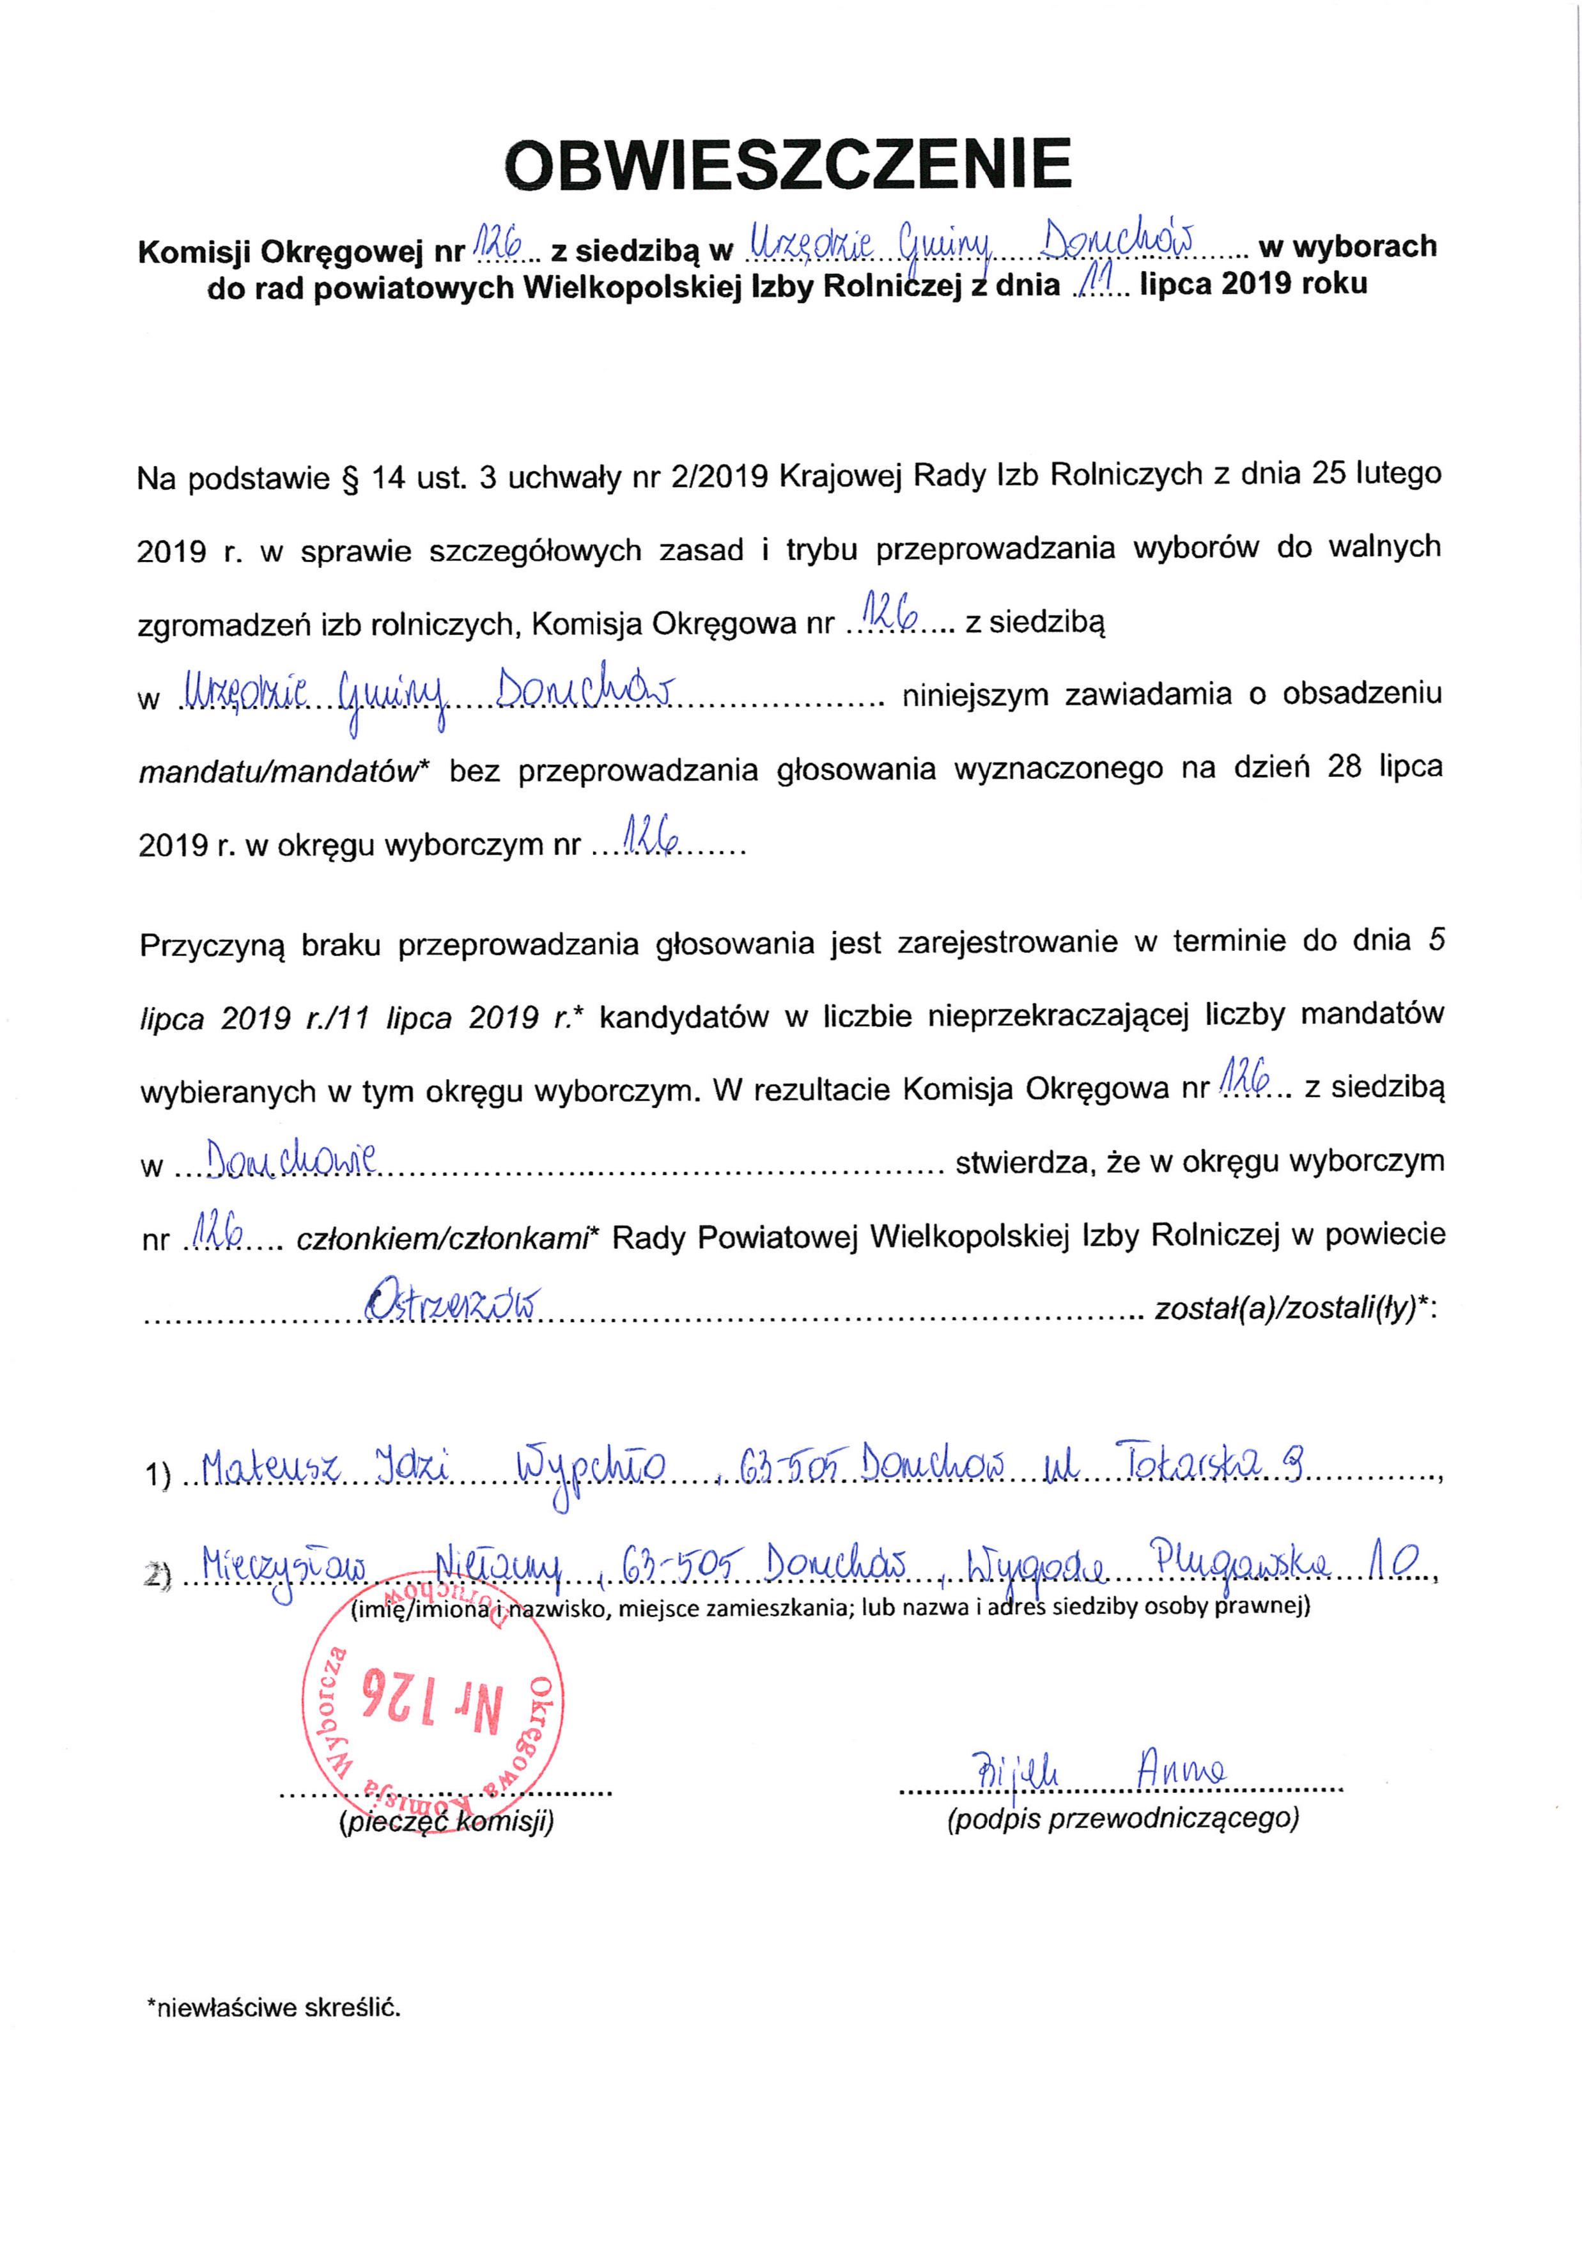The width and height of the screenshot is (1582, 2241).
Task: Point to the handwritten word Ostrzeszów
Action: [454, 1304]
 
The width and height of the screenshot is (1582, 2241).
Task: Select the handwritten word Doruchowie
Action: [285, 1160]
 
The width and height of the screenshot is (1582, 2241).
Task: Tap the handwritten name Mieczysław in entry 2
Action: [283, 1568]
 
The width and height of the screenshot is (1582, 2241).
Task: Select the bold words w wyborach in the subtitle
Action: [1348, 246]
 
